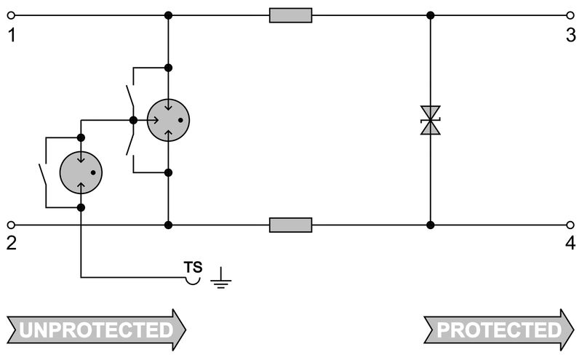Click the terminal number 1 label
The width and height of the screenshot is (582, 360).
tap(11, 35)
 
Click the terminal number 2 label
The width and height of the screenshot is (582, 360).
tap(11, 243)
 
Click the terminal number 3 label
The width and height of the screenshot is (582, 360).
tap(570, 35)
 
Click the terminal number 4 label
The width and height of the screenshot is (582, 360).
tap(570, 243)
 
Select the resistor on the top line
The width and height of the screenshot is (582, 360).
tap(290, 15)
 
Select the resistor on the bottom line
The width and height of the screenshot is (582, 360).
tap(290, 225)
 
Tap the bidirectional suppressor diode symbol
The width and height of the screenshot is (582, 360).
tap(431, 120)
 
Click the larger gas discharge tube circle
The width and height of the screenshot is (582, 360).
tap(168, 120)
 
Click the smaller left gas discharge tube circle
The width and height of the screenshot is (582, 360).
tap(81, 172)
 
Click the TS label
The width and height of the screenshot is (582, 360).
tap(193, 266)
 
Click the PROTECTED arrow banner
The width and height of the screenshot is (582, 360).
tap(498, 330)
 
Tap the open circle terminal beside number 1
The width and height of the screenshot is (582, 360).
tap(11, 15)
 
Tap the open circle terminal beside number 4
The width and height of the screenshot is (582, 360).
tap(570, 225)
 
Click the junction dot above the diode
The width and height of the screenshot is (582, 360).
tap(431, 15)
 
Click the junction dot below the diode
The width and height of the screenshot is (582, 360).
tap(431, 225)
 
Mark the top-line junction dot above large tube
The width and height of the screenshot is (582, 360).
tap(168, 15)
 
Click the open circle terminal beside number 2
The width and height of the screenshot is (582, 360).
tap(11, 225)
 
